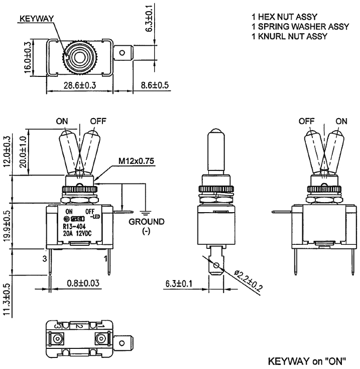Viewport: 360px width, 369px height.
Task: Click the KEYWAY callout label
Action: tap(36, 19)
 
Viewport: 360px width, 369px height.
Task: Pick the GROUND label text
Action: tap(147, 221)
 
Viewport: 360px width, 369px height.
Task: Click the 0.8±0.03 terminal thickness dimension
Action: tap(83, 283)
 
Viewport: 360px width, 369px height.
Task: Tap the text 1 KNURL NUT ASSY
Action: tap(290, 36)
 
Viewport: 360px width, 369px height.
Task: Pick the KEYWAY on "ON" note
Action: tap(307, 361)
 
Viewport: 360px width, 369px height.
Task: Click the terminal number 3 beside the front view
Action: tap(45, 258)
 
